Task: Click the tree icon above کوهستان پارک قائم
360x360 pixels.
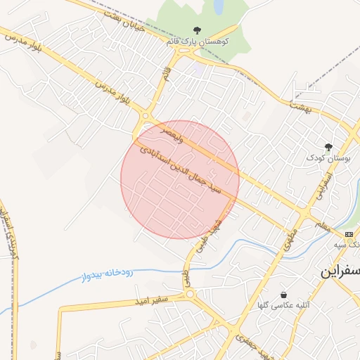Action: coord(197,30)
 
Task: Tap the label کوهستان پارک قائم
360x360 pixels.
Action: coord(198,42)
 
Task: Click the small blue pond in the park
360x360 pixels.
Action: coord(219,6)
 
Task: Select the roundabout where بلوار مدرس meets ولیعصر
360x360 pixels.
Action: coord(146,116)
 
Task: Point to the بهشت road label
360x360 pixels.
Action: coord(299,104)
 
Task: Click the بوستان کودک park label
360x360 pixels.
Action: coord(325,158)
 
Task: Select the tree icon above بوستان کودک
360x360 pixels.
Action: coord(328,146)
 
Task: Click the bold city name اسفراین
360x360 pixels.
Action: coord(340,271)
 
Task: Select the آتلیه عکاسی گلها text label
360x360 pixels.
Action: coord(283,307)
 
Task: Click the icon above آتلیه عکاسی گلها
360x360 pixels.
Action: coord(283,295)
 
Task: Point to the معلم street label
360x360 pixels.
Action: coord(323,224)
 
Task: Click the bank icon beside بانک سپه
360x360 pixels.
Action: coord(349,233)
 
